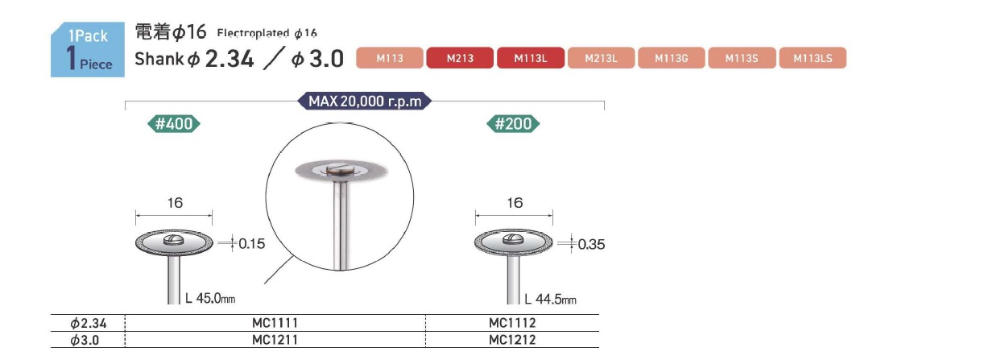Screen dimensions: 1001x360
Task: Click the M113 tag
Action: (x=389, y=58)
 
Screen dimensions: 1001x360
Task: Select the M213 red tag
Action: (x=460, y=58)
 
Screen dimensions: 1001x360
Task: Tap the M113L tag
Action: (x=531, y=58)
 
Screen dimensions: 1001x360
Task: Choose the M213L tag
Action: (x=601, y=58)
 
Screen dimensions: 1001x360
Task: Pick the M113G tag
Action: (x=671, y=58)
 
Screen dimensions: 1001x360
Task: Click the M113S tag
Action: (x=742, y=58)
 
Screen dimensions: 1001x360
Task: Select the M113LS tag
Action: (x=813, y=58)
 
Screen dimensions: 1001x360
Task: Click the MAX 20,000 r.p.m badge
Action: (x=365, y=101)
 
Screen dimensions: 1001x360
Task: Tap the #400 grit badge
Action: (x=174, y=124)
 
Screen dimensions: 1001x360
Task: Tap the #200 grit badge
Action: (x=513, y=124)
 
